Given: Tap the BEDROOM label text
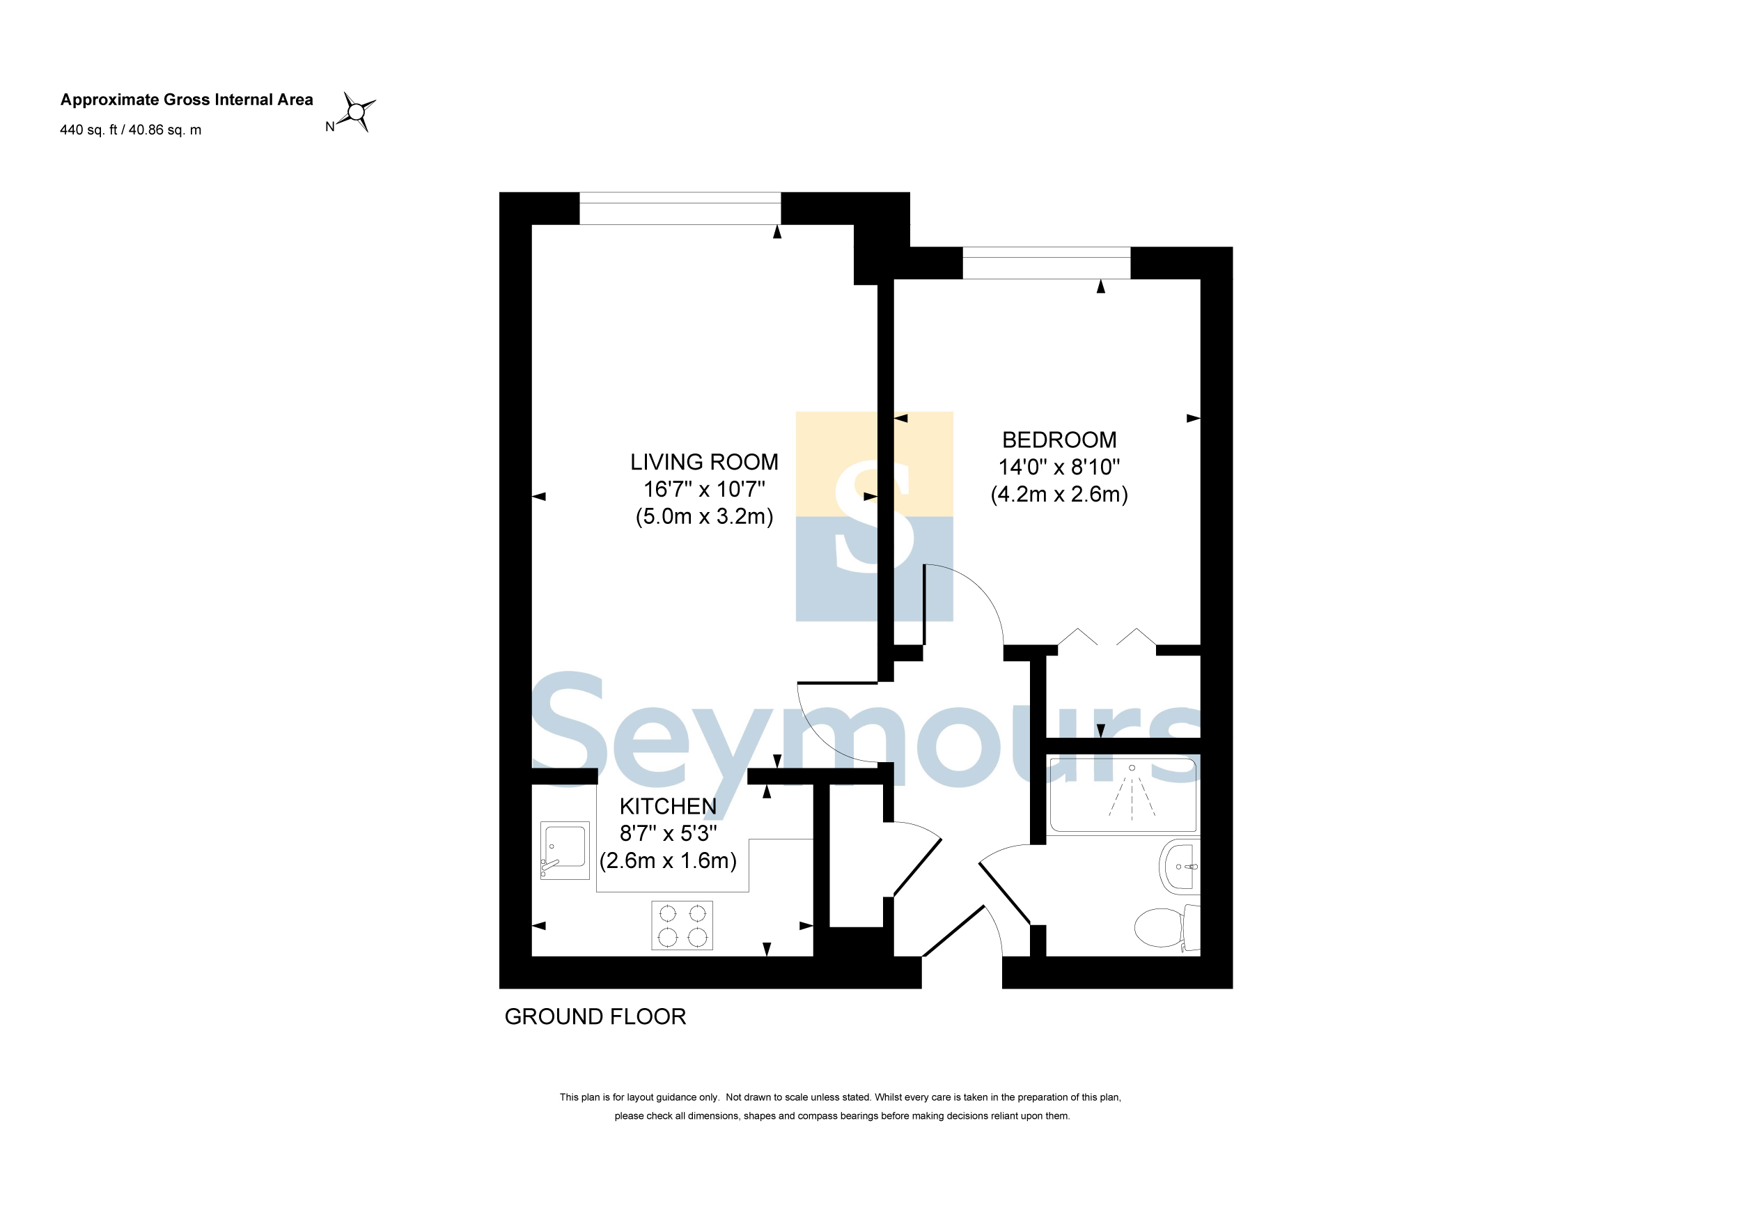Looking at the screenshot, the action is (1059, 440).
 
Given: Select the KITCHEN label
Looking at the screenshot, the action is (667, 806).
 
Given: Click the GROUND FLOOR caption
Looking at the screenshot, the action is (595, 1016).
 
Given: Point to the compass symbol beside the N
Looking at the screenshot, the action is (357, 112).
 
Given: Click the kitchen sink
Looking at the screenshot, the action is (565, 850).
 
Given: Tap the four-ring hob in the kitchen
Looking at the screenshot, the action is (682, 925).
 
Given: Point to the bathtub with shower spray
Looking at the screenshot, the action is (1123, 794).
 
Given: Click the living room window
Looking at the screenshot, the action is (680, 208).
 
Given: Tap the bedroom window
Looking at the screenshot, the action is (1047, 263).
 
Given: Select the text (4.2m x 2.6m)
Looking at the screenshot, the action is (1059, 495).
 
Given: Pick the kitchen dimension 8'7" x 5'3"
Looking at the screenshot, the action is (667, 834).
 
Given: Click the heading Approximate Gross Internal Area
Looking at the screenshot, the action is (187, 100).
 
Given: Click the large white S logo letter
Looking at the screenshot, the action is (874, 516).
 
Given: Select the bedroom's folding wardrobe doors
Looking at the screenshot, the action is (1107, 637).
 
